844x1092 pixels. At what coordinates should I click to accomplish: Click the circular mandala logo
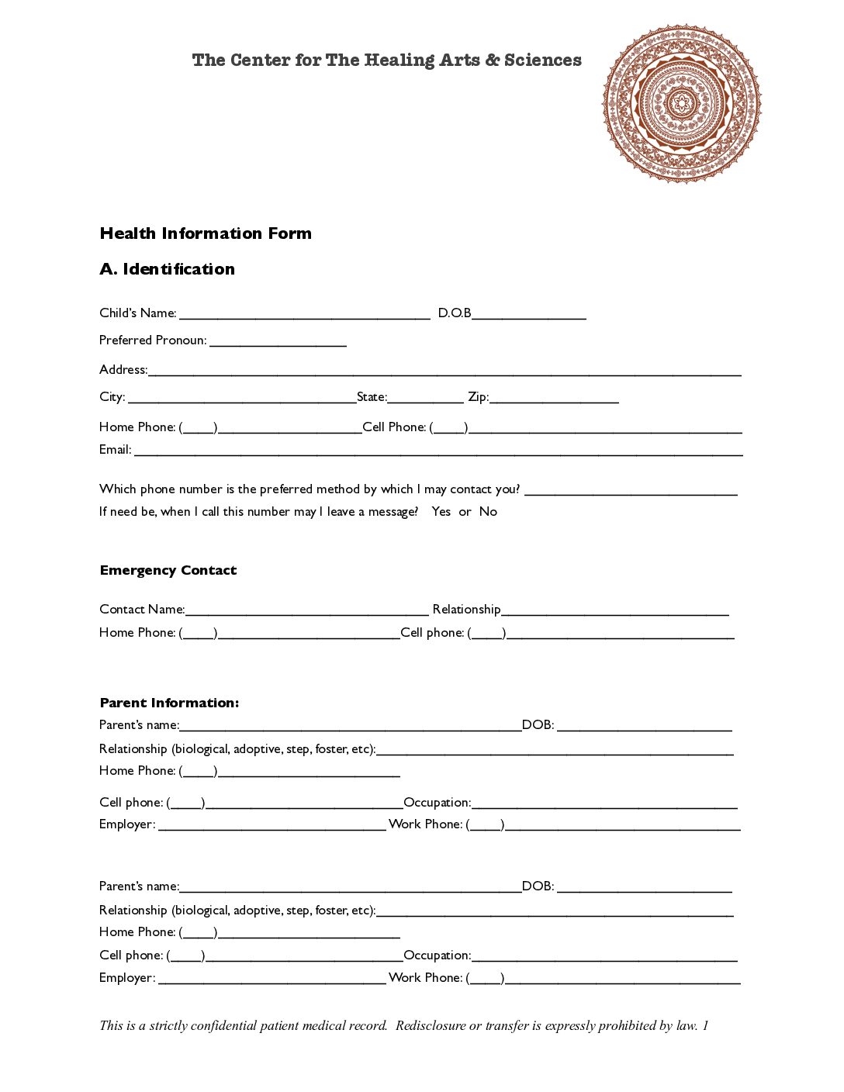(x=682, y=103)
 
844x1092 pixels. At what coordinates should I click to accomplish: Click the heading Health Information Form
(x=206, y=233)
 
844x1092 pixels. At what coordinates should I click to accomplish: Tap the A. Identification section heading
(x=167, y=269)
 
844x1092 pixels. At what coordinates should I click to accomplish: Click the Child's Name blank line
(x=304, y=315)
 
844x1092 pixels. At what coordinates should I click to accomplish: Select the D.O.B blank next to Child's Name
(x=529, y=315)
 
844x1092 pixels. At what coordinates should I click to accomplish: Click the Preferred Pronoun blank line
(x=278, y=342)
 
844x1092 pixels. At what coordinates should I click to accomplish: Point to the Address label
(x=123, y=369)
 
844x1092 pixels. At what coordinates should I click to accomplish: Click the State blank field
(x=425, y=399)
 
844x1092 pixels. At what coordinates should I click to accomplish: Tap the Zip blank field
(x=554, y=399)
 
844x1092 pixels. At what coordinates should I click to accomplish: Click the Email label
(x=115, y=450)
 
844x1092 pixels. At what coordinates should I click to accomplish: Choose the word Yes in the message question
(x=441, y=512)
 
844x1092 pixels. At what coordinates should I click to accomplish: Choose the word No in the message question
(x=488, y=512)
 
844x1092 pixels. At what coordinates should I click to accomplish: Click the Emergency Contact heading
(x=168, y=570)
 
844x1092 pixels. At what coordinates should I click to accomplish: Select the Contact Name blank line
(x=306, y=611)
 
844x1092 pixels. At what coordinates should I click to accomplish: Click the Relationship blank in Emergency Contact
(x=614, y=611)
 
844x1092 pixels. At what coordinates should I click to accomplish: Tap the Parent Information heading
(x=169, y=703)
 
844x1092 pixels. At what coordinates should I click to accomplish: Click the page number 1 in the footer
(x=705, y=1025)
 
